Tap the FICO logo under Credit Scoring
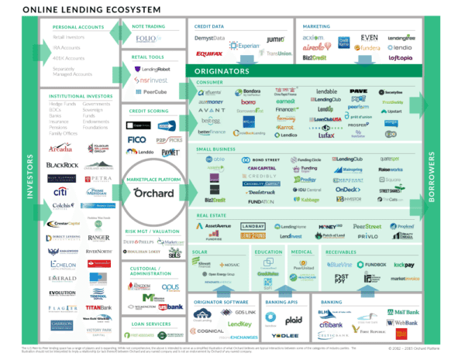tap(136, 140)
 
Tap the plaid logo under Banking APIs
tap(294, 318)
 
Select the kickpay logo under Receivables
tap(404, 265)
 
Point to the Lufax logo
tap(325, 134)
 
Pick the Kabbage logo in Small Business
tap(309, 200)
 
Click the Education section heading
tap(267, 252)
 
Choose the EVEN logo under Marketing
tap(369, 36)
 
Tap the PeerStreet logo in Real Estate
tap(367, 226)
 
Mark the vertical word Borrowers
tap(453, 180)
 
